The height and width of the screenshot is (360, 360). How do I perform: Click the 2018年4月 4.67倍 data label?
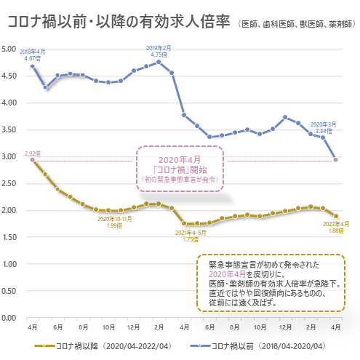[x=33, y=55]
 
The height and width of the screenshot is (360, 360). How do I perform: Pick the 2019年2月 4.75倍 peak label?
[x=159, y=50]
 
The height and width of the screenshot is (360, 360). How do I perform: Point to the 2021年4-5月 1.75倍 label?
[x=191, y=235]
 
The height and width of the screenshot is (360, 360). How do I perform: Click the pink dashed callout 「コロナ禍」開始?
[x=179, y=168]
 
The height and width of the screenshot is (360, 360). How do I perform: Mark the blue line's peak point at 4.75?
[x=159, y=62]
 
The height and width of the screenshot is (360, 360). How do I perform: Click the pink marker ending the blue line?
[x=335, y=159]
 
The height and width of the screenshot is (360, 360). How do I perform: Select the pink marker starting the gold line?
[x=33, y=160]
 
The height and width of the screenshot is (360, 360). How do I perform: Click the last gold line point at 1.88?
[x=335, y=216]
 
